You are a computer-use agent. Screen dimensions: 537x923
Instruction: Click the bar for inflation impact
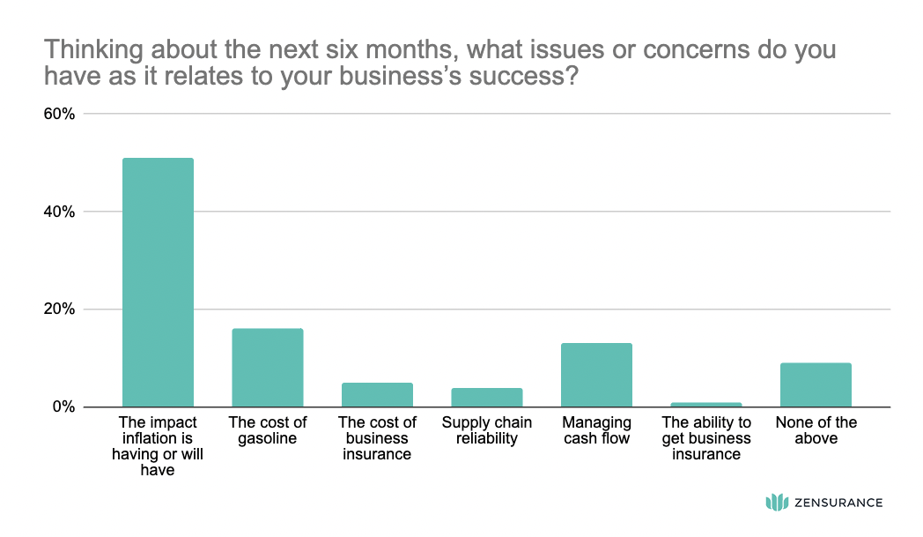[x=158, y=282]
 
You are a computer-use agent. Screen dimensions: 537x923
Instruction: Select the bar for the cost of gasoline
[x=267, y=368]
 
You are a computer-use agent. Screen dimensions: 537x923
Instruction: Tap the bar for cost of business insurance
[x=377, y=395]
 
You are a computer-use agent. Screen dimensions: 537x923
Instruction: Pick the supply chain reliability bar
[x=486, y=398]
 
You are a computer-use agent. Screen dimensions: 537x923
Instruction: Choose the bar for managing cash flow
[x=596, y=375]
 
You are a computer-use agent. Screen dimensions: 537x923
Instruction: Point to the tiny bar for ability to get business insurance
[x=705, y=405]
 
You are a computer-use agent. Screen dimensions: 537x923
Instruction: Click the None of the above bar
[x=816, y=384]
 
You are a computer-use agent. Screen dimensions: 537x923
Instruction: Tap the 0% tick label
[x=63, y=407]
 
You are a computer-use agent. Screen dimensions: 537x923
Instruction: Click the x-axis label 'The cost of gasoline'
[x=267, y=430]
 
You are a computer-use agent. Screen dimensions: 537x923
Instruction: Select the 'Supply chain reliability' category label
[x=486, y=430]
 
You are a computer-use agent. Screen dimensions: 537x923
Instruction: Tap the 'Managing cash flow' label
[x=596, y=430]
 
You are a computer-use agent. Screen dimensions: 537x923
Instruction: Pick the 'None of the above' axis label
[x=816, y=430]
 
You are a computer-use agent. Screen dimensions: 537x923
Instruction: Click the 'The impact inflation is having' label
[x=158, y=446]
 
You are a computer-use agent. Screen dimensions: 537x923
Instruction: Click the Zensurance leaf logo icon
[x=776, y=503]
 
